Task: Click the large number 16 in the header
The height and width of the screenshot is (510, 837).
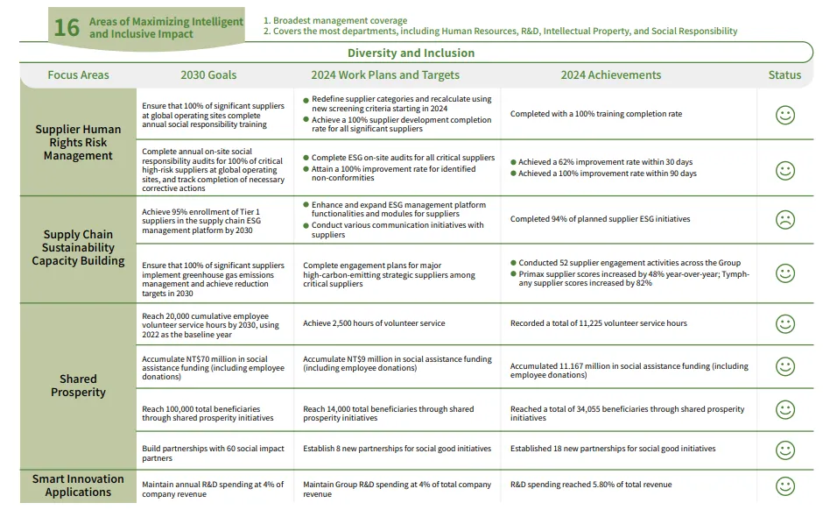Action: (x=67, y=27)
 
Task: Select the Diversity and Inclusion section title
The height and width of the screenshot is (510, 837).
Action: (x=411, y=53)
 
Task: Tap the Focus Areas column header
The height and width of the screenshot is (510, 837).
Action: (x=78, y=75)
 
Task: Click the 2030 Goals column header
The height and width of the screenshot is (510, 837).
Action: (x=208, y=75)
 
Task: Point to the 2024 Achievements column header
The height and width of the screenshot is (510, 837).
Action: (x=611, y=75)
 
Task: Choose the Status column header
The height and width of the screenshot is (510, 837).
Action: (x=784, y=75)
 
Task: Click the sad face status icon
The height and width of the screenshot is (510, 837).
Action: (x=785, y=220)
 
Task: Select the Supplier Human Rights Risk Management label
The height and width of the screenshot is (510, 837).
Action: (x=78, y=142)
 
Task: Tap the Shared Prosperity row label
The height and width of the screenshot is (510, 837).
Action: (x=78, y=386)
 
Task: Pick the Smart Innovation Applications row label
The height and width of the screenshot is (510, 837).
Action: (x=78, y=485)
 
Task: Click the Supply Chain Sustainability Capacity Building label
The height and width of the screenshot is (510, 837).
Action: (x=78, y=247)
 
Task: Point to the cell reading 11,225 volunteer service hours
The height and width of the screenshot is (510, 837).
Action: (x=599, y=323)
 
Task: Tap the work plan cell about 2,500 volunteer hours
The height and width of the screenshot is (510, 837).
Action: (x=374, y=323)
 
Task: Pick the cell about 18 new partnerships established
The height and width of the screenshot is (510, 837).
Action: (x=613, y=449)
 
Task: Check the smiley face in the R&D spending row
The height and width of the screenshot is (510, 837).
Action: (x=785, y=486)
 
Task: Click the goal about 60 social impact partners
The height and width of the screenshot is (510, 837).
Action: (x=213, y=453)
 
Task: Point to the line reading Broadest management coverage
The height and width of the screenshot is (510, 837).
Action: (x=335, y=20)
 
